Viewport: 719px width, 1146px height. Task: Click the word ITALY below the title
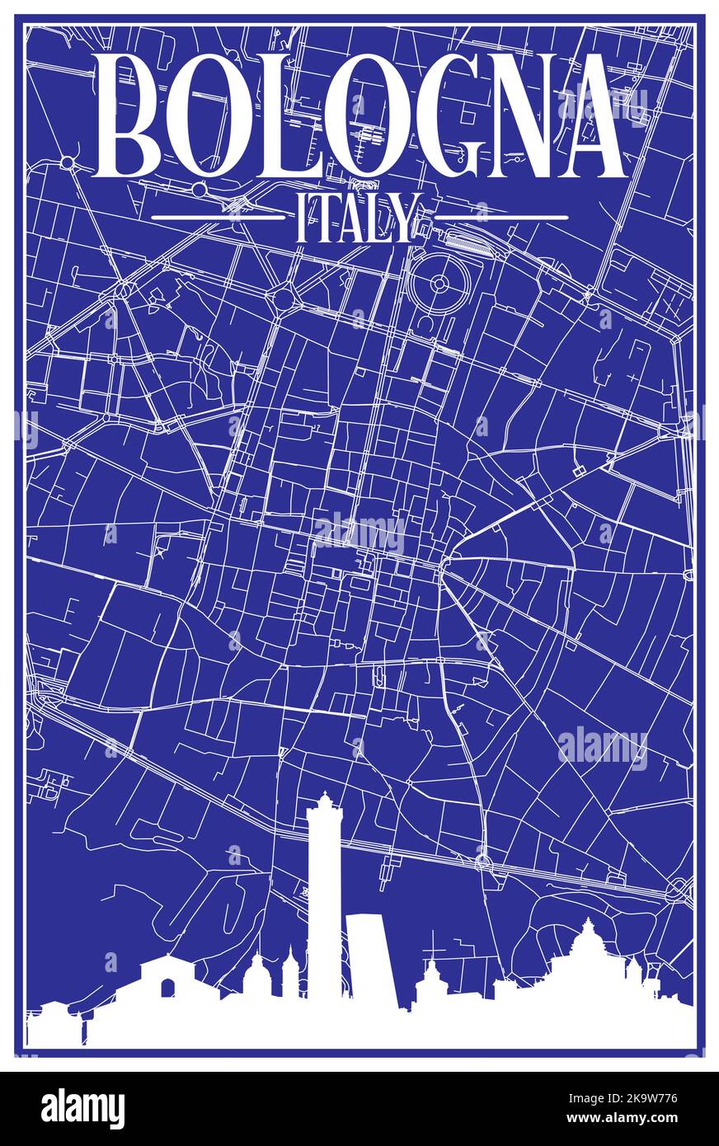click(358, 218)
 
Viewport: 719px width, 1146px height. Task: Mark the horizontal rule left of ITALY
click(219, 218)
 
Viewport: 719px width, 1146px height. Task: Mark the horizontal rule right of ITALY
click(501, 218)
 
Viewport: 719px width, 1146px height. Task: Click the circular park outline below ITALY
click(439, 284)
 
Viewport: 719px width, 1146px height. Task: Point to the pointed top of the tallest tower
click(325, 796)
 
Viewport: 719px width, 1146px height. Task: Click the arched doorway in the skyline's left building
click(168, 988)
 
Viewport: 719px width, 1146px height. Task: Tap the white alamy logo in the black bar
click(83, 1108)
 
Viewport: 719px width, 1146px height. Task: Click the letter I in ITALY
click(301, 218)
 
